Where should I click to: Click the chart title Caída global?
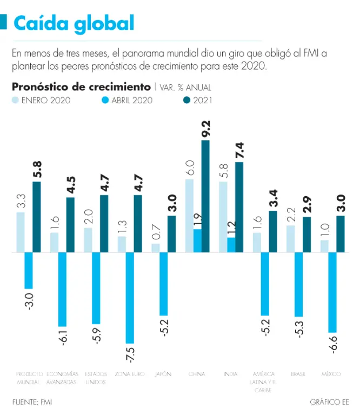(x=74, y=23)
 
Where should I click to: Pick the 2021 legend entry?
(x=197, y=100)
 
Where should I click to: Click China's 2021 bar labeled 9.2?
(x=205, y=196)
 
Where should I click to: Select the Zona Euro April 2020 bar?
(x=130, y=297)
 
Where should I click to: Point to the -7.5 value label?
(x=130, y=354)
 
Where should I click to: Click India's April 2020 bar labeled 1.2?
(x=231, y=245)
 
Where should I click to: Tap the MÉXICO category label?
(x=331, y=374)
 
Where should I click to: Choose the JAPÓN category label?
(x=163, y=374)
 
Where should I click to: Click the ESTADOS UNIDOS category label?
(x=96, y=378)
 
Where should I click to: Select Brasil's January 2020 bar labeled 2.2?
(x=290, y=238)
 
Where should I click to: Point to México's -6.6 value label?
(x=334, y=344)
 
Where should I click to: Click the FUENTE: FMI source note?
(x=32, y=402)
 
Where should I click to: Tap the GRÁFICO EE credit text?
(x=329, y=402)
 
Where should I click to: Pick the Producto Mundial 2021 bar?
(x=37, y=217)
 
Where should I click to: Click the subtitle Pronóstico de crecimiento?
(x=81, y=86)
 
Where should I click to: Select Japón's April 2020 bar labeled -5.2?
(x=163, y=284)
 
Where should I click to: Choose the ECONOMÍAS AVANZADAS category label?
(x=63, y=378)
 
